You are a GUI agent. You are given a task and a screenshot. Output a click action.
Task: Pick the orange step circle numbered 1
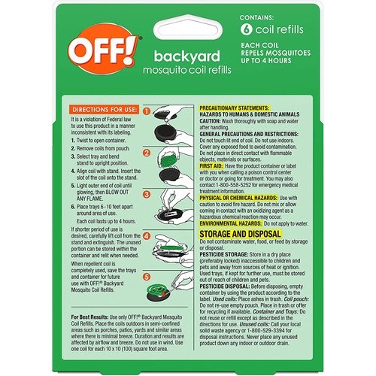coord(147,111)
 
